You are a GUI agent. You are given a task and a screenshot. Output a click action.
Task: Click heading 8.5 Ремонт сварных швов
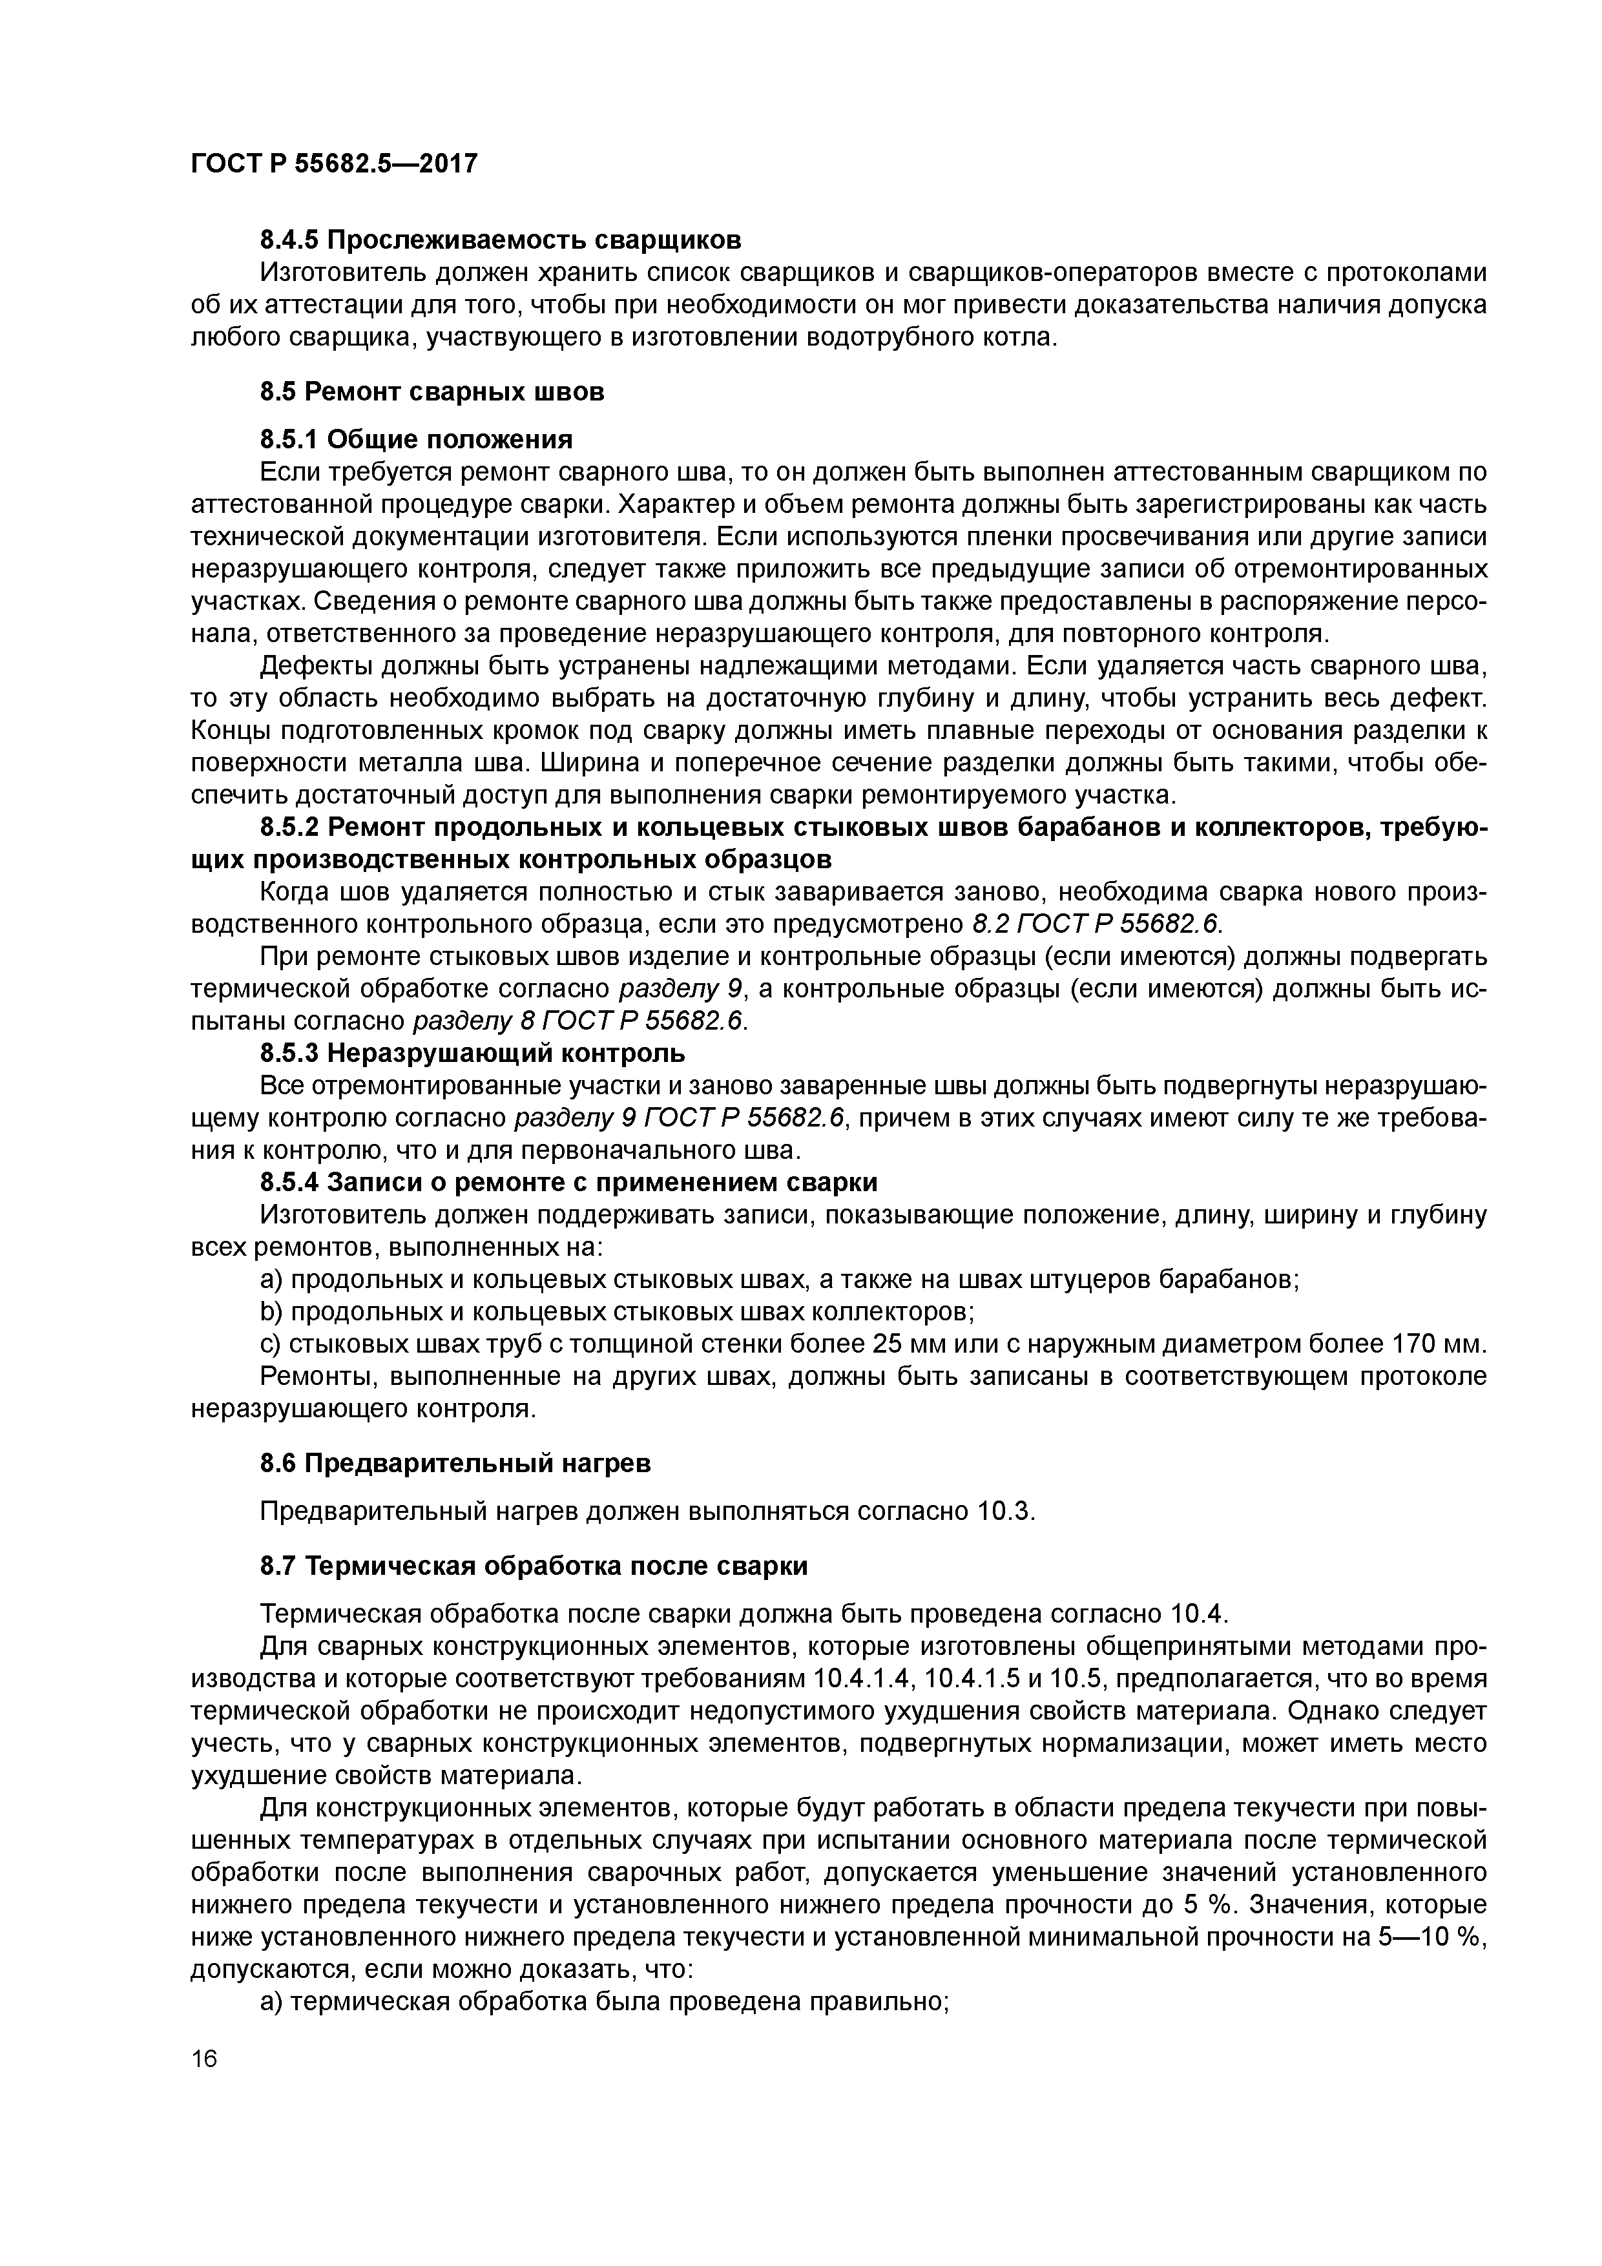point(432,392)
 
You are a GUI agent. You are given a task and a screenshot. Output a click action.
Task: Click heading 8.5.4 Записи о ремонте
point(568,1182)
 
